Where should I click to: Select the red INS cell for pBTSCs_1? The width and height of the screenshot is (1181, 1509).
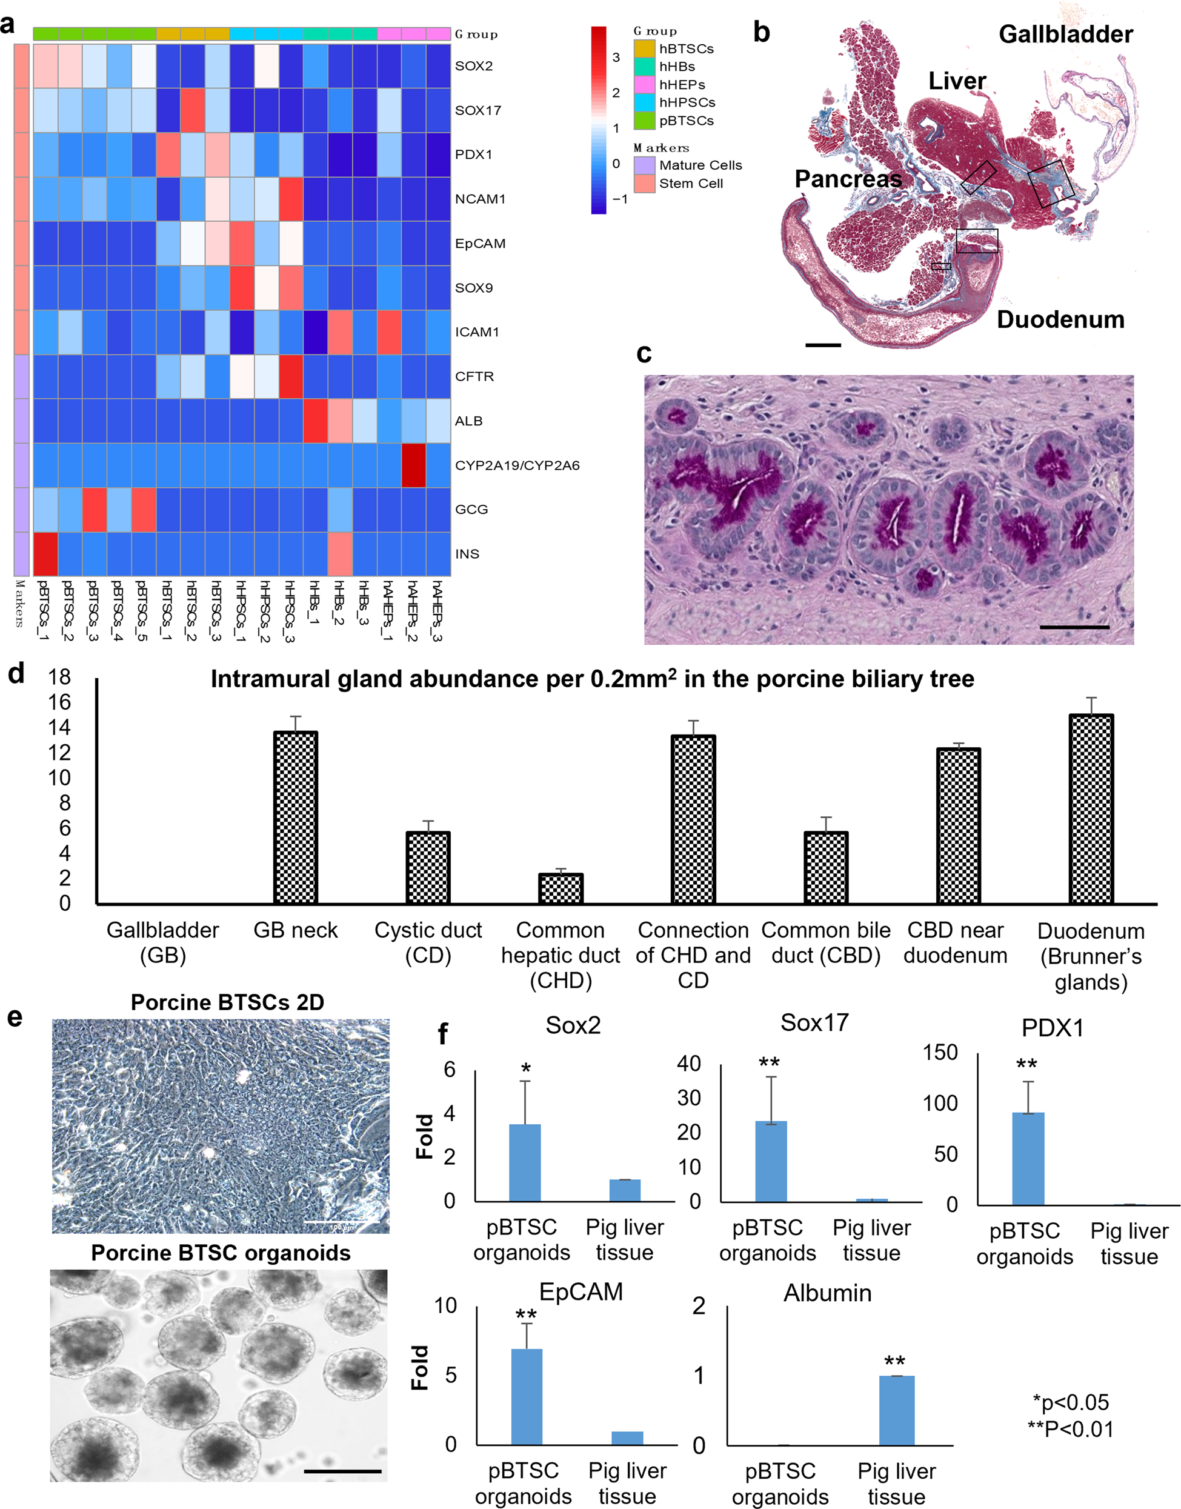pyautogui.click(x=45, y=553)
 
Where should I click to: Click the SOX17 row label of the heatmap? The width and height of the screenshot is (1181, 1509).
pyautogui.click(x=478, y=110)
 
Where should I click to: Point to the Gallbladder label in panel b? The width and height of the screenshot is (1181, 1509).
pyautogui.click(x=1065, y=34)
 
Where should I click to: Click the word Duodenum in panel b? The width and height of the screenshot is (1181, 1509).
pyautogui.click(x=1060, y=319)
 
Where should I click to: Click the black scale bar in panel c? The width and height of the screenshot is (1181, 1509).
pyautogui.click(x=1074, y=627)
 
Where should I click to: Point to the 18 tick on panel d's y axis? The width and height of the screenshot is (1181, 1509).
pyautogui.click(x=60, y=677)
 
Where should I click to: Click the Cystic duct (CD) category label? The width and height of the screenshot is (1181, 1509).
pyautogui.click(x=428, y=942)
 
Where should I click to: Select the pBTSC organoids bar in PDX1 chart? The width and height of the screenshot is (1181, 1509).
pyautogui.click(x=1028, y=1159)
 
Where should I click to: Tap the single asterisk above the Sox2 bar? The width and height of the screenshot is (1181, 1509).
pyautogui.click(x=525, y=1069)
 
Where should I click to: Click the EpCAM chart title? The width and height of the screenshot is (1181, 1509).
pyautogui.click(x=581, y=1292)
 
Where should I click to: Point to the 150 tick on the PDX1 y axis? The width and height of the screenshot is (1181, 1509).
pyautogui.click(x=940, y=1052)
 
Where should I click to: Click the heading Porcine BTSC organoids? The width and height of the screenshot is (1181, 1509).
pyautogui.click(x=221, y=1253)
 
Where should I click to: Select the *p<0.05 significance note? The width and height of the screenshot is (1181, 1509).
pyautogui.click(x=1070, y=1402)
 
